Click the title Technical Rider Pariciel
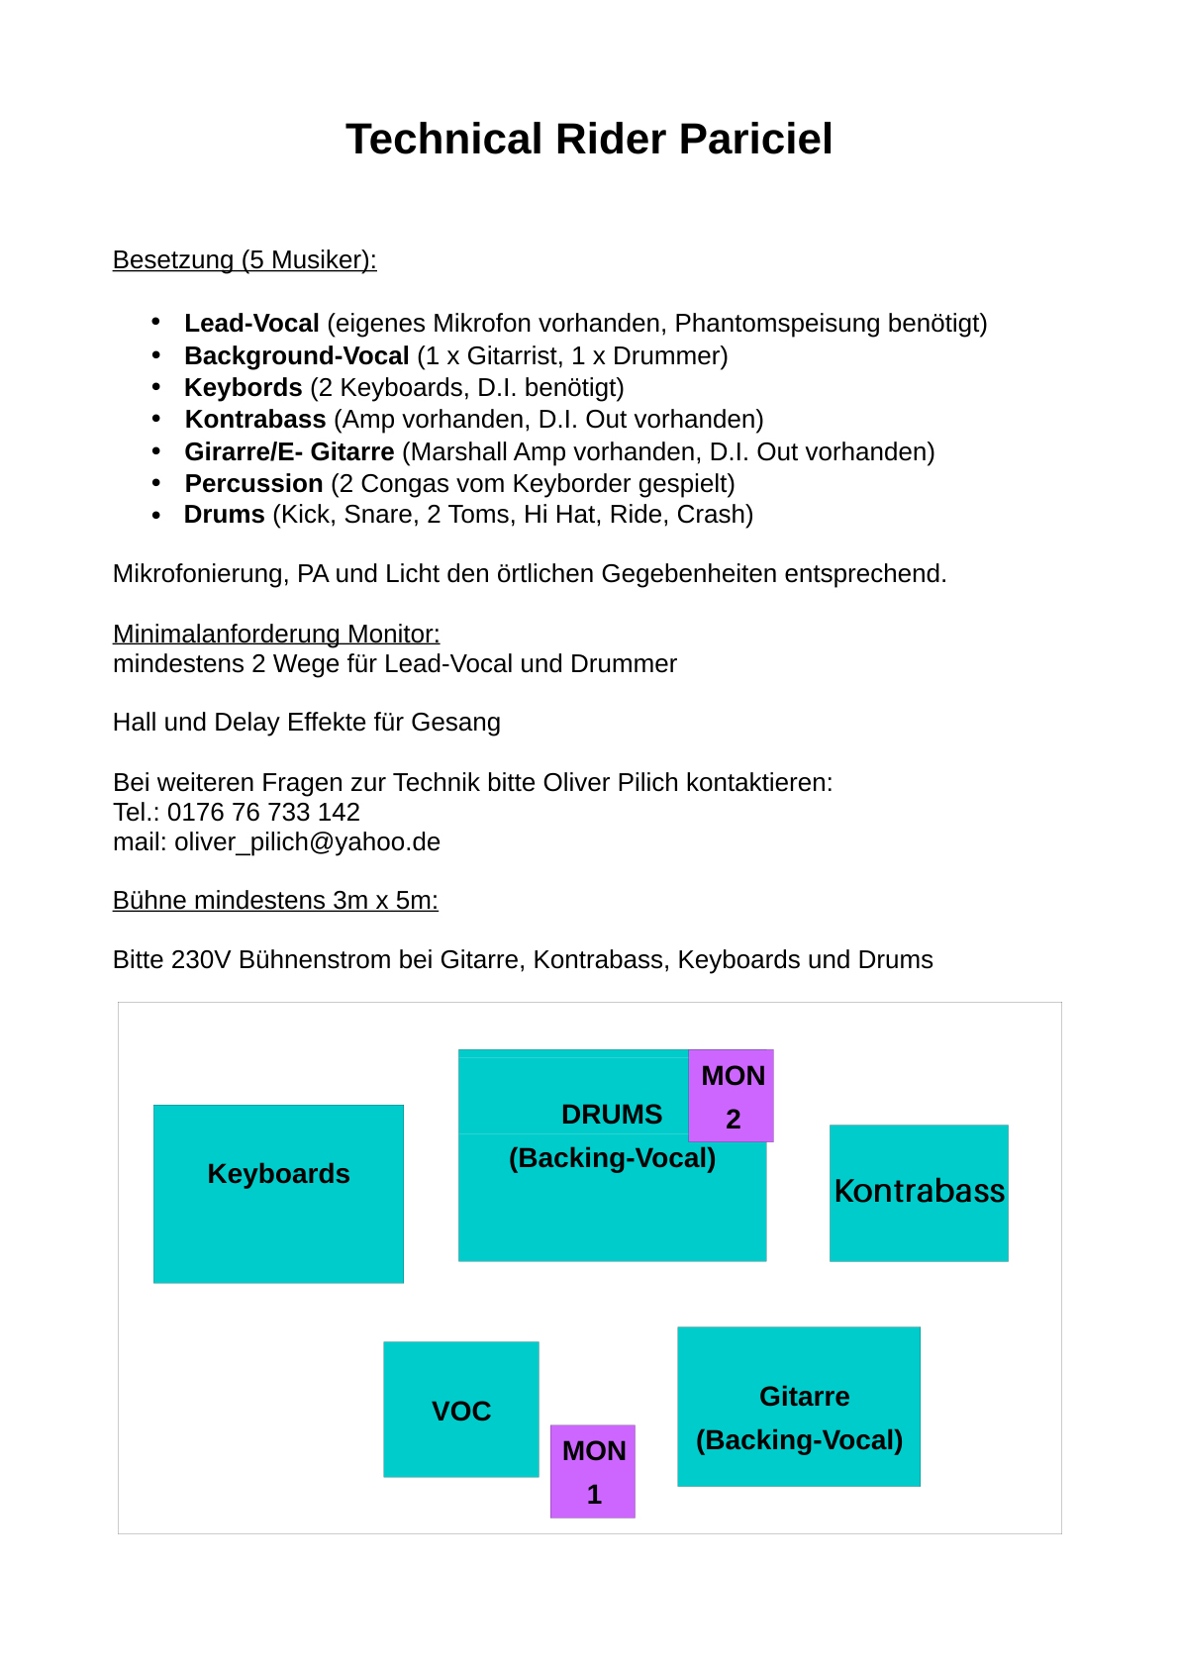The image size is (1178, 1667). pos(589,140)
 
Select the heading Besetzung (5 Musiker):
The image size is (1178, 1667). pos(245,259)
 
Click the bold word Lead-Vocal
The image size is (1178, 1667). pos(251,324)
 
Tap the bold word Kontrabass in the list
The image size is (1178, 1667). pos(255,420)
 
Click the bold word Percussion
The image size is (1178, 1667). pos(253,484)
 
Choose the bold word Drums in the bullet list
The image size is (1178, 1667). pos(224,515)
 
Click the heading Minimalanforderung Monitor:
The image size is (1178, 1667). pos(276,634)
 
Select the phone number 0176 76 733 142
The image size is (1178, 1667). pos(263,813)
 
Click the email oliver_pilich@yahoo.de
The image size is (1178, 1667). pos(307,842)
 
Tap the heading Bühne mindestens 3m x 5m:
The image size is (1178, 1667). pos(275,901)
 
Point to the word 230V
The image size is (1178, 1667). pos(201,960)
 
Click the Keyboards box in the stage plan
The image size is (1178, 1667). pos(278,1194)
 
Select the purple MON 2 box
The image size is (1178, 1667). pos(733,1096)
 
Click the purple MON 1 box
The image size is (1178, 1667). pos(593,1471)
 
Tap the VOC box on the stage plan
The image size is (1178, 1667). pos(461,1410)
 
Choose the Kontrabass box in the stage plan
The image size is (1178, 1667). pos(919,1193)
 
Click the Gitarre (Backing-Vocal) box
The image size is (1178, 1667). pos(799,1407)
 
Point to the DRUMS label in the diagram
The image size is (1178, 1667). pos(611,1115)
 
